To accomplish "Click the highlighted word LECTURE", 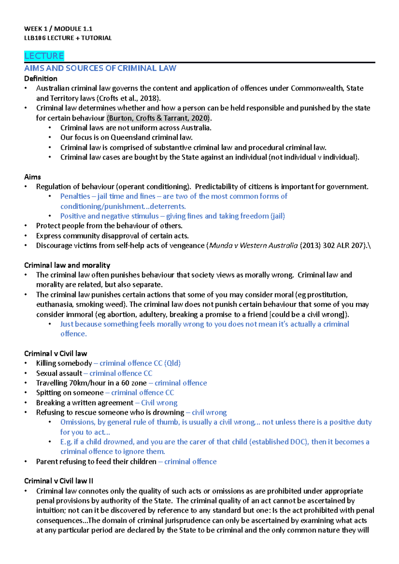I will point(44,56).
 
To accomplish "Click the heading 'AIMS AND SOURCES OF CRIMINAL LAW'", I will point(100,68).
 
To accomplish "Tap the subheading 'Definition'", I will point(41,79).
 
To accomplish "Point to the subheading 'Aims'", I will point(33,177).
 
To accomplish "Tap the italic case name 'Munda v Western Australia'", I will point(253,246).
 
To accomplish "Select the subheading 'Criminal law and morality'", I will point(67,265).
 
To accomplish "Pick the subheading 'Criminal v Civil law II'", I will point(59,481).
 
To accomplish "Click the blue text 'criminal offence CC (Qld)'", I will point(140,363).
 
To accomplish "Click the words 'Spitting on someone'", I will point(70,393).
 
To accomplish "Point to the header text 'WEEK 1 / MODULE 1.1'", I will point(58,29).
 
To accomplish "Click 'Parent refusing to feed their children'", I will point(96,462).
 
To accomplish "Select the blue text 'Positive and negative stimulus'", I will point(109,216).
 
